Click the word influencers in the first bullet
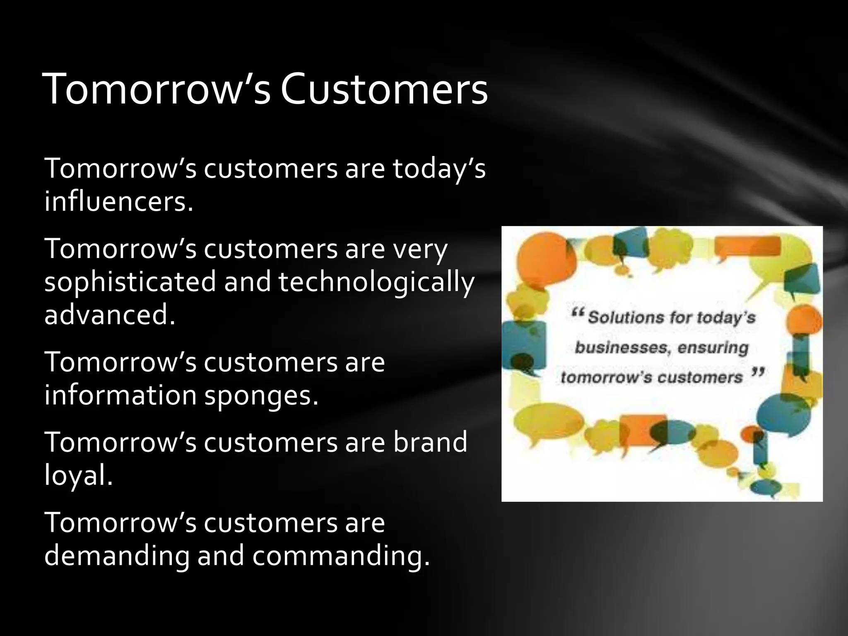coord(119,202)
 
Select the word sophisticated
coord(130,282)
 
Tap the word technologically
coord(376,282)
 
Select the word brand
coord(430,442)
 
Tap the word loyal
coord(78,475)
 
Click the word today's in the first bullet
coord(439,169)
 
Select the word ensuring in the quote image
coord(713,347)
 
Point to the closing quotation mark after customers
coord(758,373)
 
